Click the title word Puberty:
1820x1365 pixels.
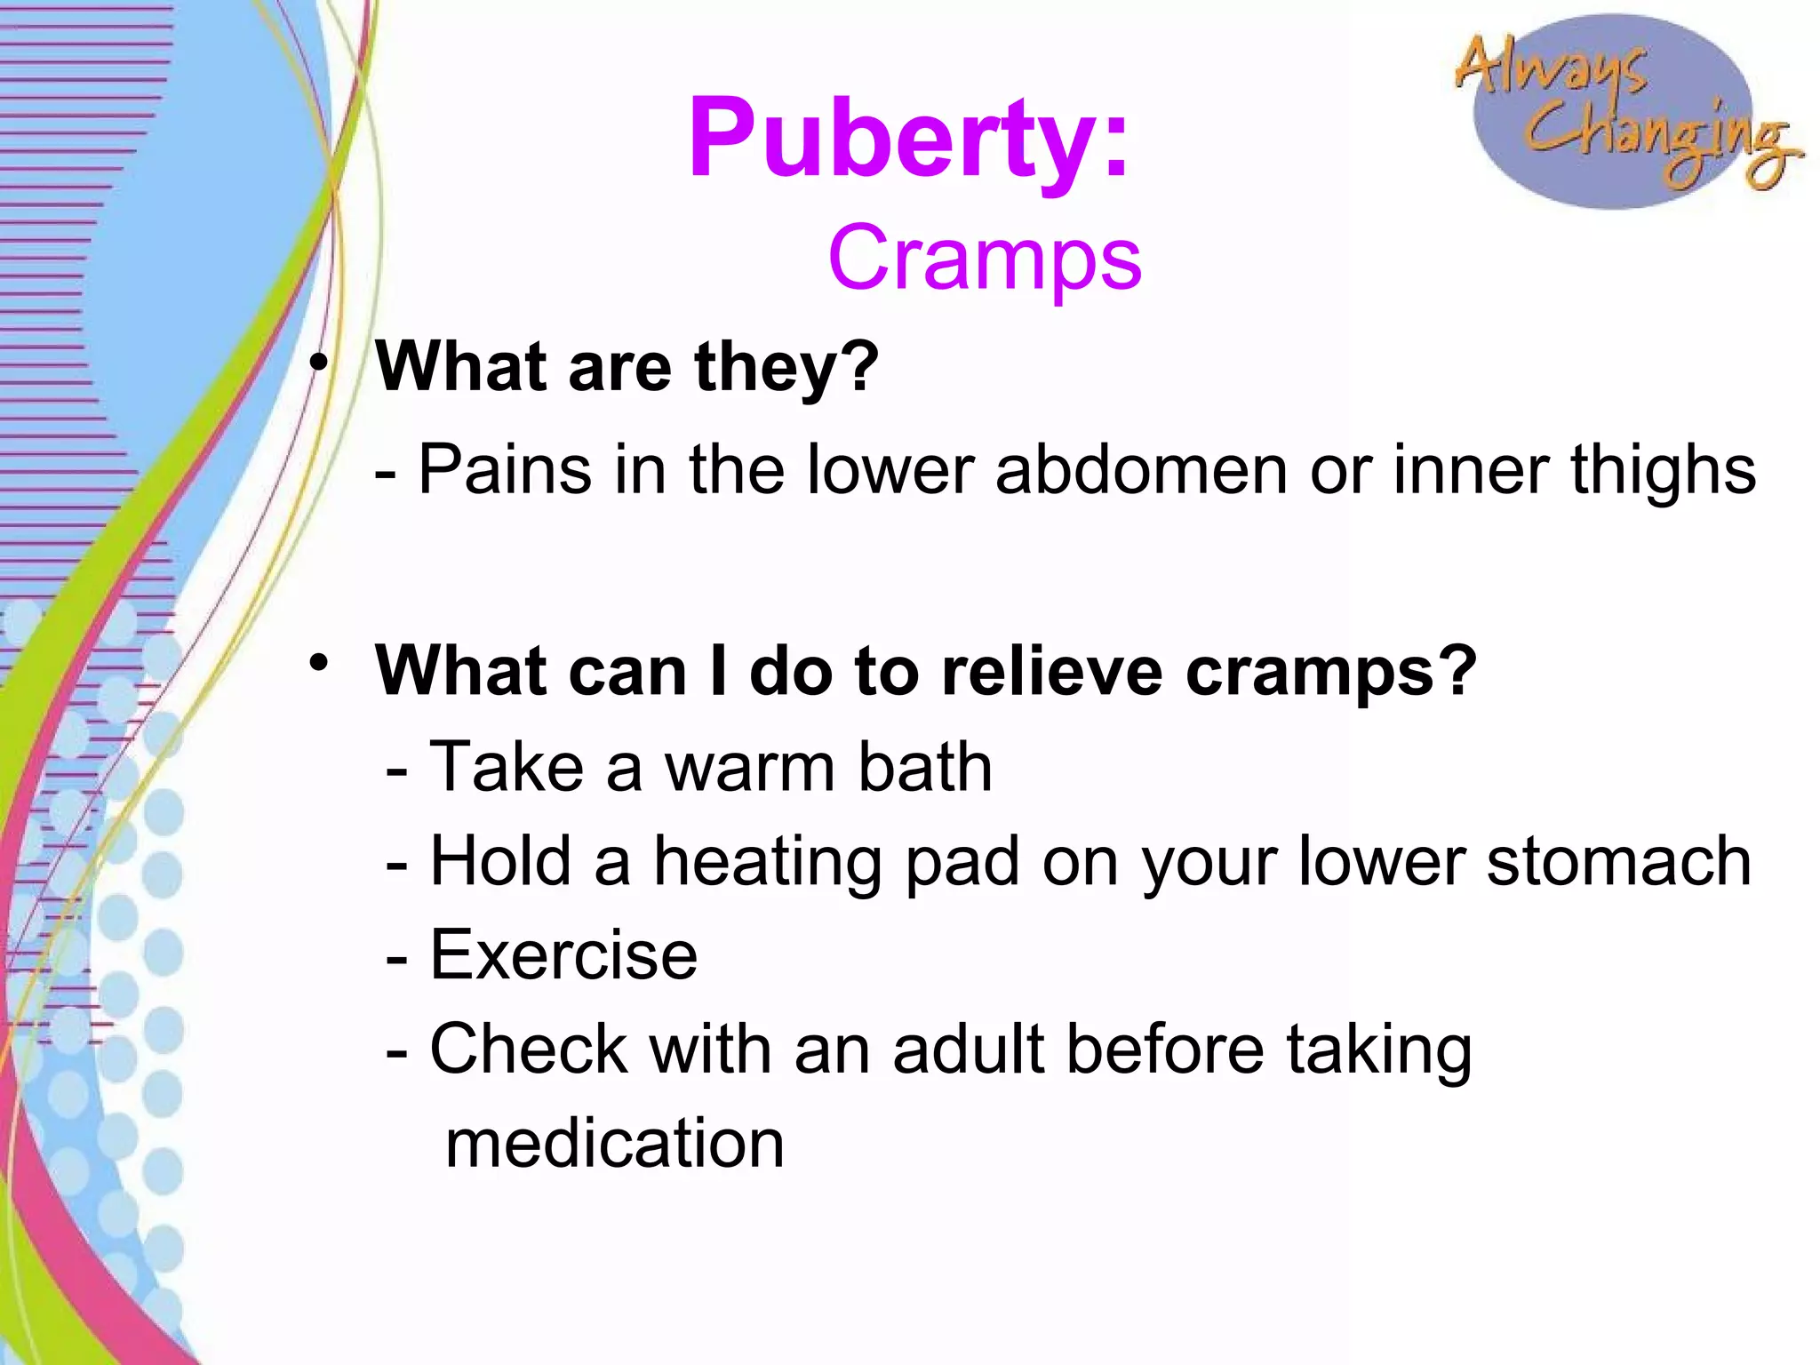[x=908, y=140]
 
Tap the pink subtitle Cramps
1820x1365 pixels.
[x=984, y=259]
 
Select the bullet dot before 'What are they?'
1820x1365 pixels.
[x=318, y=363]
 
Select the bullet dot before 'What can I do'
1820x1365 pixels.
[x=318, y=663]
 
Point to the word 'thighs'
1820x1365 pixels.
[x=1663, y=472]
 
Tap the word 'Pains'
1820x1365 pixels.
[x=505, y=470]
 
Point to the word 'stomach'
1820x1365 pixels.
[x=1618, y=861]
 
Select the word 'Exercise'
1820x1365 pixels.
[x=563, y=956]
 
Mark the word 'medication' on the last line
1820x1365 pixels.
[x=614, y=1144]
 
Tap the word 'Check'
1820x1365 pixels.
[x=529, y=1050]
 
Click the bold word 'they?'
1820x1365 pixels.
[x=786, y=369]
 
